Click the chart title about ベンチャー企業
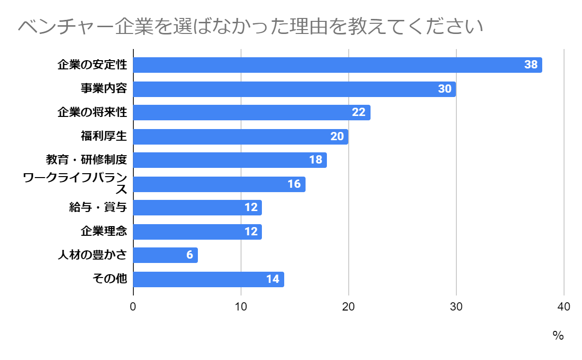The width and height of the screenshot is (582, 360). [250, 27]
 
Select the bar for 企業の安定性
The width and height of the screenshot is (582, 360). [337, 65]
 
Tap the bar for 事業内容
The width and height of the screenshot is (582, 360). [294, 89]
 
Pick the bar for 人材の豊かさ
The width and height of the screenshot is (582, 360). [165, 255]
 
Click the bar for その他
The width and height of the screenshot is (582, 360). [209, 279]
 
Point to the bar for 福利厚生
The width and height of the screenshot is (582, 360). [241, 136]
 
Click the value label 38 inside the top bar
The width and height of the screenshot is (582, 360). [531, 65]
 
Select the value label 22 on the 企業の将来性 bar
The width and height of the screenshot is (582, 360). [358, 113]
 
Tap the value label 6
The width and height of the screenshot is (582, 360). [190, 255]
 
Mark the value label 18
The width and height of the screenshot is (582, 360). [316, 160]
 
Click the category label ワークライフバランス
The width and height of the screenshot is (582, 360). [75, 184]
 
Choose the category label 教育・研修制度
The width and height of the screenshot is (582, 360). [86, 160]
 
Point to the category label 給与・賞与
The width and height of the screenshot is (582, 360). [98, 208]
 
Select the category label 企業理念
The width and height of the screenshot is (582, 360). [104, 231]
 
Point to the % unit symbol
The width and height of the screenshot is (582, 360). [558, 336]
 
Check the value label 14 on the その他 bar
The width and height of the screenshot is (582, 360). [273, 279]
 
